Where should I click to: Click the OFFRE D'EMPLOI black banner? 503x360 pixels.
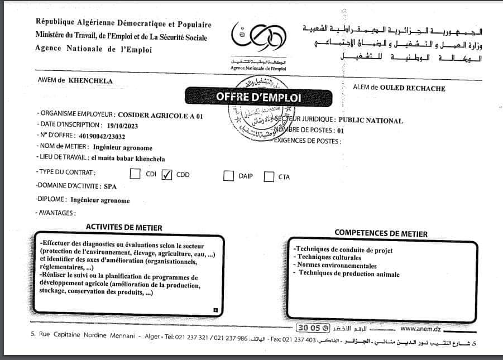(258, 97)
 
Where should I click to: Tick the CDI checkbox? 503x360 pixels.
(135, 174)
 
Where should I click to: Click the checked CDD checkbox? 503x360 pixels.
(166, 175)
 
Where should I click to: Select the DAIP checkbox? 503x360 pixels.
(228, 176)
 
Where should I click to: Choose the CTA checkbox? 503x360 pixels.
(269, 177)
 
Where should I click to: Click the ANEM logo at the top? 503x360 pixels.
(258, 38)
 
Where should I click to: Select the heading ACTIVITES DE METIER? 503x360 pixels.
(124, 227)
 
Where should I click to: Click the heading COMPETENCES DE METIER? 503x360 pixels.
(381, 233)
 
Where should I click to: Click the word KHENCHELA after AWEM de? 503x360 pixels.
(90, 80)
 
